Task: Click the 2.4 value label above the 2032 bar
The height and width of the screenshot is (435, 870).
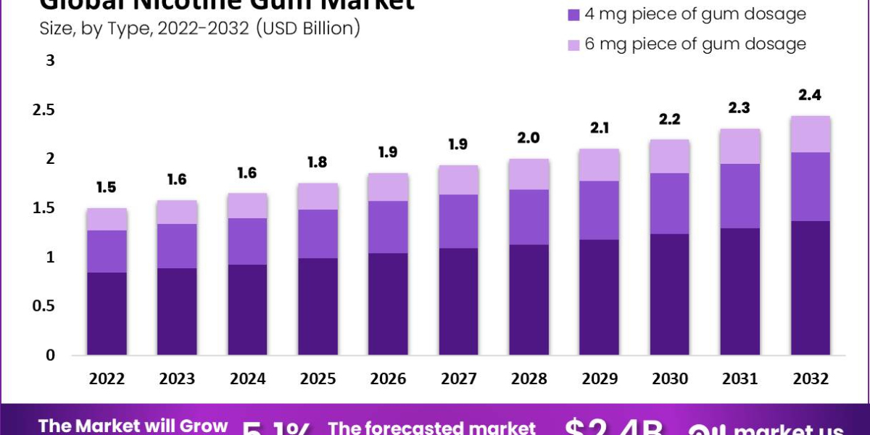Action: (811, 95)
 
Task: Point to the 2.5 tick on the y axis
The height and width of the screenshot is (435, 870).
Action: (46, 110)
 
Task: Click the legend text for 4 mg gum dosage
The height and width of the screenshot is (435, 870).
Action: (695, 14)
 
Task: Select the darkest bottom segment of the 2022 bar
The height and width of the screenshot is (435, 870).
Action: (107, 313)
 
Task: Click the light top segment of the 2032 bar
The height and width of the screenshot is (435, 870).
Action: (811, 134)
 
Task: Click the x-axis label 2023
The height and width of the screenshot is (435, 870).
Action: (177, 378)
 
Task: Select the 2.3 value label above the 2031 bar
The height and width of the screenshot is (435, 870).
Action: (740, 108)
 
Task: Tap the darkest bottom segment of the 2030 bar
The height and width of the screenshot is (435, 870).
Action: (670, 294)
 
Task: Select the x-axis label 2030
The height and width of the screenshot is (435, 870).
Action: (670, 378)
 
